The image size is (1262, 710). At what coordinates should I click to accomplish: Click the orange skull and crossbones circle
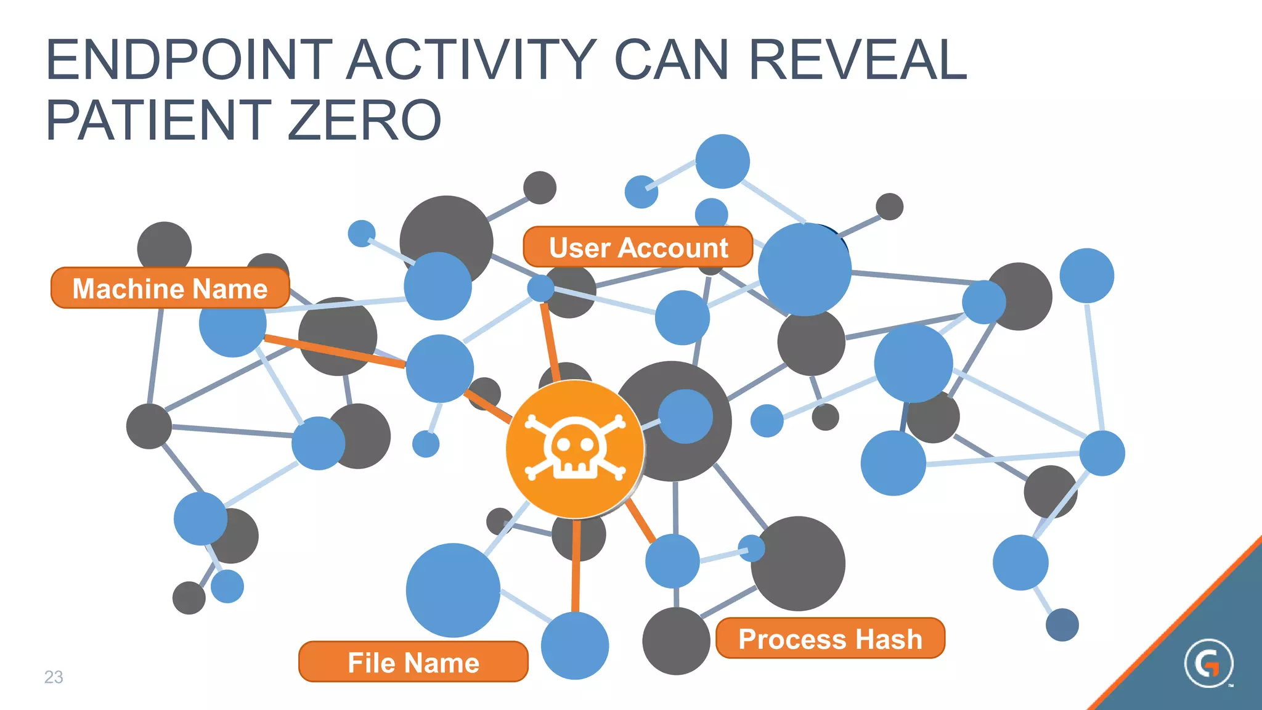pos(574,449)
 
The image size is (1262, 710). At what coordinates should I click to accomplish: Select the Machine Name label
pos(170,288)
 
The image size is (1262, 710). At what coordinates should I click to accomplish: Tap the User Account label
pos(638,247)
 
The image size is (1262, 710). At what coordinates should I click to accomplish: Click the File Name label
pos(413,662)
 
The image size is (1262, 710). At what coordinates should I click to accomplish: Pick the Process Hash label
pos(830,639)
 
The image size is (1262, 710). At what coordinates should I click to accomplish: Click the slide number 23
pos(54,677)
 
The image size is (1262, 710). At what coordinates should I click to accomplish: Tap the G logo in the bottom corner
pos(1208,664)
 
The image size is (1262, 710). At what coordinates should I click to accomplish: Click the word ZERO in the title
pos(364,120)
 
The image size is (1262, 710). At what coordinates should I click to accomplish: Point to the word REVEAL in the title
pos(857,60)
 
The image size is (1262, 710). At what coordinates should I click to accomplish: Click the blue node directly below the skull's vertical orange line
pos(574,645)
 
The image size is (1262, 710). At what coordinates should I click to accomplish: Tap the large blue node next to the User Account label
pos(804,269)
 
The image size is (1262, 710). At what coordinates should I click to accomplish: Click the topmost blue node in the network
pos(722,161)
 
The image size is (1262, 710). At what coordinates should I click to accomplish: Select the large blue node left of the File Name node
pos(453,590)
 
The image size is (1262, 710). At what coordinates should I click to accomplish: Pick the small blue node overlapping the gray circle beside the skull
pos(685,416)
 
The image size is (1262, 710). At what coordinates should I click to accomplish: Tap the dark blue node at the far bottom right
pos(1062,625)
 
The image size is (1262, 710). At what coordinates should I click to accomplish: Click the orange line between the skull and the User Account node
pos(550,342)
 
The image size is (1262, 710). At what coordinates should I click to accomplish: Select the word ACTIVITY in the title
pos(471,60)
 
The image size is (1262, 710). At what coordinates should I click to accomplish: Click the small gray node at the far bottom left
pos(189,597)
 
